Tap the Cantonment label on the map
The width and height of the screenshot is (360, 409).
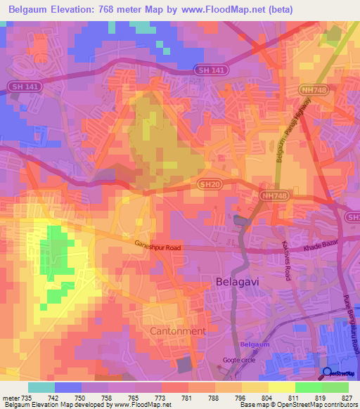tap(179, 330)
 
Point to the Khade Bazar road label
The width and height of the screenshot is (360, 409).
tap(321, 249)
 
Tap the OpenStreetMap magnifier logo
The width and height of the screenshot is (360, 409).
tap(328, 373)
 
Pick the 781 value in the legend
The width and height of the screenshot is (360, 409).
tap(187, 398)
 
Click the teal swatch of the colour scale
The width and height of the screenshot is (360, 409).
tap(41, 387)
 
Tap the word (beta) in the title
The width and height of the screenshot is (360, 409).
tap(277, 10)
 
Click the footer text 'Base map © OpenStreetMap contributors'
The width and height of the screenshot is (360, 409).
tap(297, 405)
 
